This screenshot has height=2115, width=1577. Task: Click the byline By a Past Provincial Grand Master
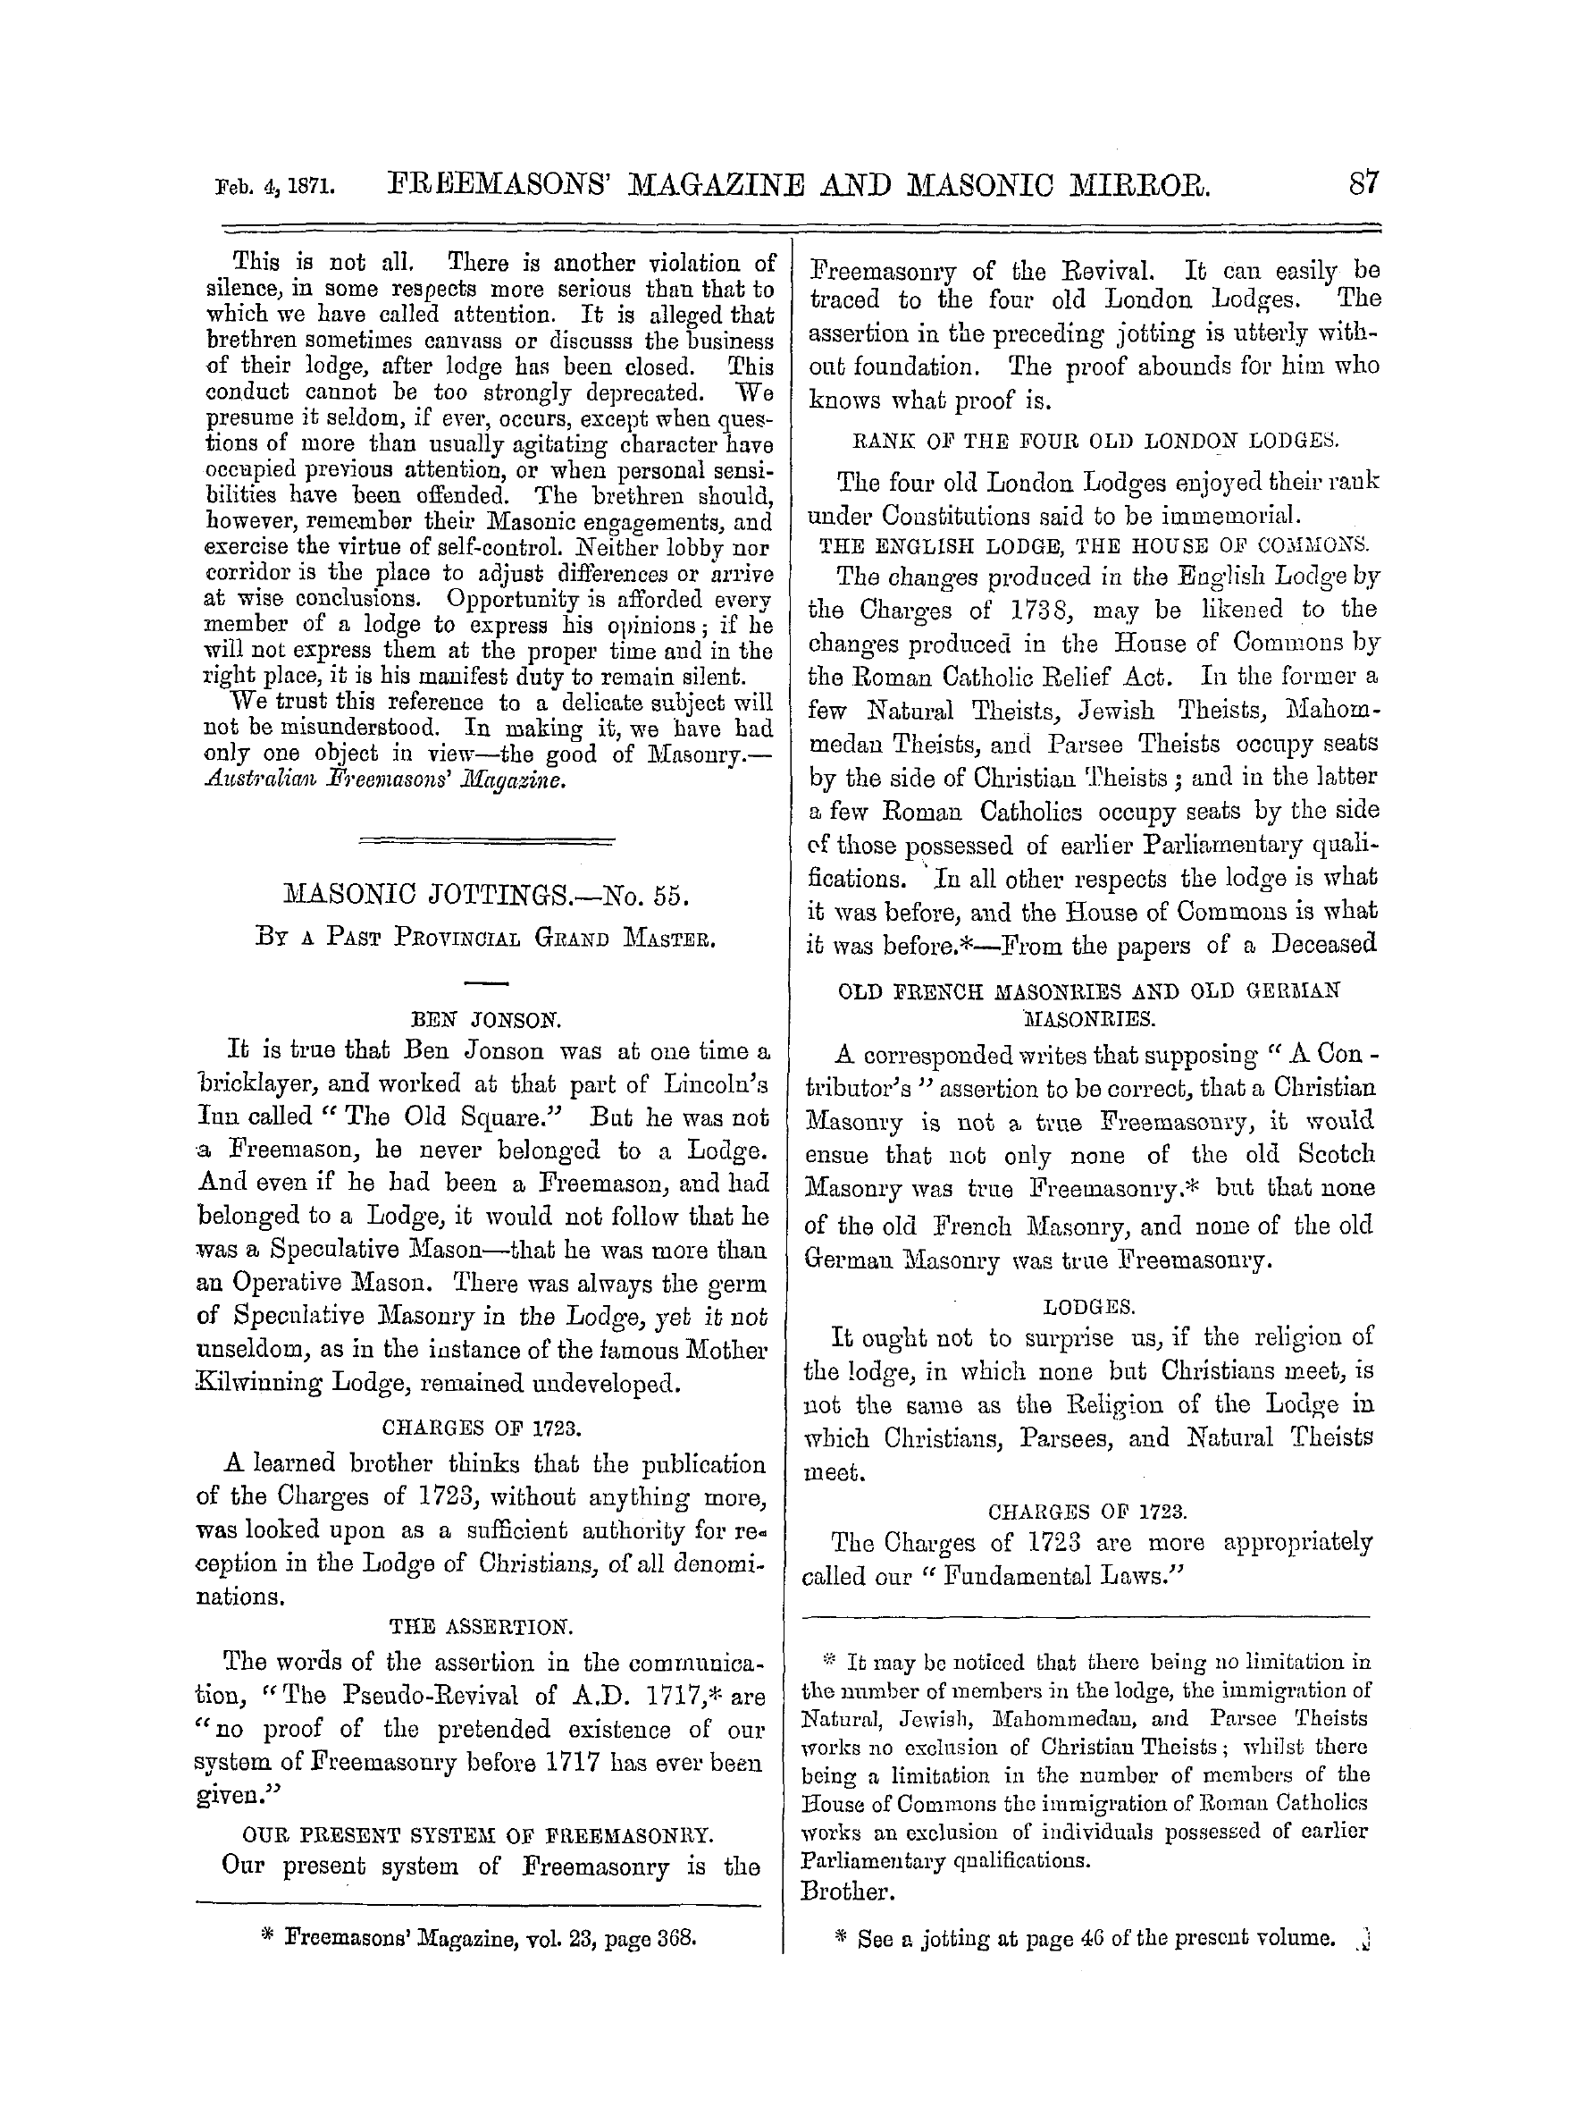coord(486,937)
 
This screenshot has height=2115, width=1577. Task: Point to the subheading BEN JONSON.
coord(486,1019)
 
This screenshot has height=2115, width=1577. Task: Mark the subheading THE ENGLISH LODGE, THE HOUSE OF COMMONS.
coord(1088,545)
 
